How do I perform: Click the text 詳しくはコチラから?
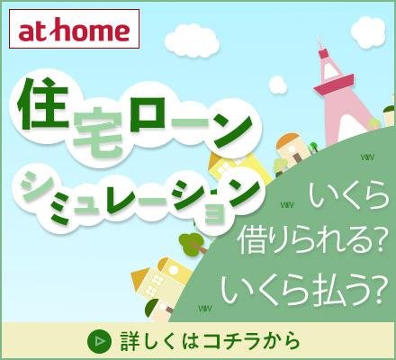(x=209, y=341)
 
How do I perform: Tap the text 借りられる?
(x=311, y=239)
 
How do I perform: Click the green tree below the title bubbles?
(x=191, y=242)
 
